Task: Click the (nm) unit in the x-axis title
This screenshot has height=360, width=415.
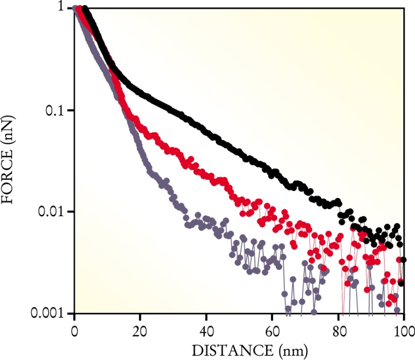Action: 293,349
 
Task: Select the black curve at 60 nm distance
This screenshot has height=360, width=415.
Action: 272,172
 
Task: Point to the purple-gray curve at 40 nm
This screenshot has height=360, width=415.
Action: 206,223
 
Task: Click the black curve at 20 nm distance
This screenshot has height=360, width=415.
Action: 140,94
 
